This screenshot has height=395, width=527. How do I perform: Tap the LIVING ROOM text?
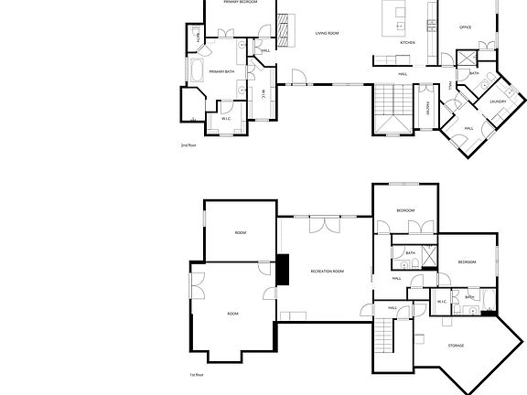tap(328, 33)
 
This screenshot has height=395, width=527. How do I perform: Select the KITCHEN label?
tap(408, 43)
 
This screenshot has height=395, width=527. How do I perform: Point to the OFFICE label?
tap(465, 28)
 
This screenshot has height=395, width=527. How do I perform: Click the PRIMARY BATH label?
tap(221, 71)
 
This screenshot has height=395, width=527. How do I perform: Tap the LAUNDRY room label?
tap(498, 101)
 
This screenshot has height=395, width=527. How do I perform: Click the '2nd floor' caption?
tap(188, 145)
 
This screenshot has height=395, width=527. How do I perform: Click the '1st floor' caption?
tap(197, 374)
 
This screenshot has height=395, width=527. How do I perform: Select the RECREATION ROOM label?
tap(327, 272)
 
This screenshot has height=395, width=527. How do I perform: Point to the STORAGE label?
tap(456, 346)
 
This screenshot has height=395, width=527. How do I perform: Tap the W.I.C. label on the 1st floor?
tap(441, 302)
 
